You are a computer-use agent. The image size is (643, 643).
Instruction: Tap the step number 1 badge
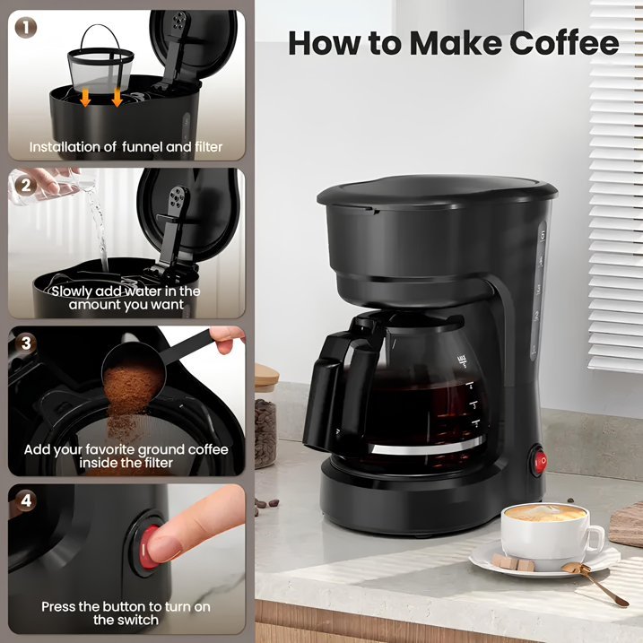[x=26, y=29]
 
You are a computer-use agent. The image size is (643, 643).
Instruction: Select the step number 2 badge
[x=26, y=186]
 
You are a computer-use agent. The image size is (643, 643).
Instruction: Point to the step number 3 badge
[x=26, y=343]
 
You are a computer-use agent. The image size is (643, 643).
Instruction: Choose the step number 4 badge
[x=26, y=500]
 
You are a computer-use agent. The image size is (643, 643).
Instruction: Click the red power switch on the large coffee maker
[x=538, y=461]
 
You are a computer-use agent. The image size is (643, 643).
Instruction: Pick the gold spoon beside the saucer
[x=595, y=583]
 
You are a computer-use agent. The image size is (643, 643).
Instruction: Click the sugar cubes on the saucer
[x=513, y=562]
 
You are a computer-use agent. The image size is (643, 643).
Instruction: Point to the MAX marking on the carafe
[x=462, y=360]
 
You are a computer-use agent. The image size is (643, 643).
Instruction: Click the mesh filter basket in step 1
[x=100, y=62]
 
